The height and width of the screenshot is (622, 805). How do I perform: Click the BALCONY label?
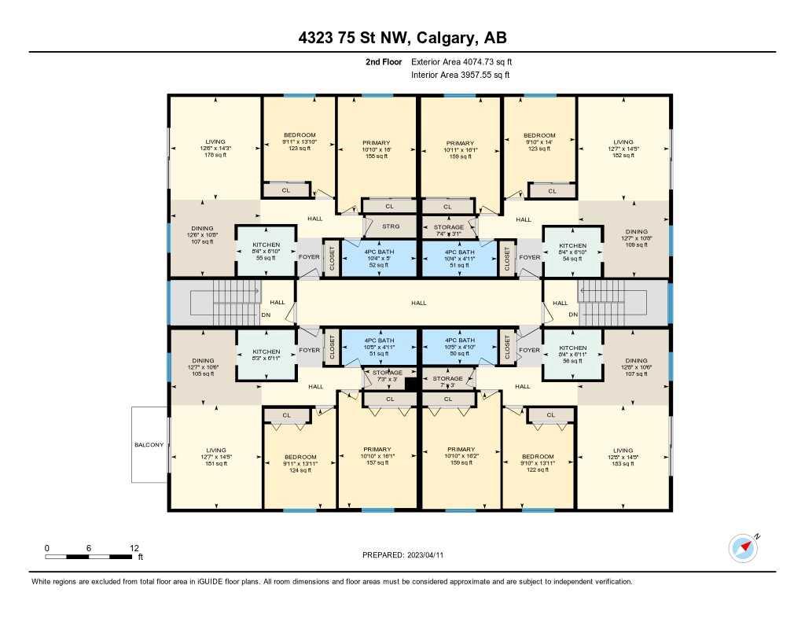pos(149,445)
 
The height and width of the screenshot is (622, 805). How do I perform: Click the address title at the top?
pos(402,38)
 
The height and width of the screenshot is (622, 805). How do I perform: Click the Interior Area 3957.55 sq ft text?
pos(461,75)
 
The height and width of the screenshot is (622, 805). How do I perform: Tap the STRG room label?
pos(391,226)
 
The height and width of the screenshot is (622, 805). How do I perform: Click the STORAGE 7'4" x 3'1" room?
pos(449,230)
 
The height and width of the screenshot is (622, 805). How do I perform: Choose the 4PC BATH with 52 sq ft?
pos(380,259)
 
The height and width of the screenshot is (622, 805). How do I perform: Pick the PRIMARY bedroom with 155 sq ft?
pos(376,149)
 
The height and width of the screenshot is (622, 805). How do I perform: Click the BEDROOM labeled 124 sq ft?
pos(300,464)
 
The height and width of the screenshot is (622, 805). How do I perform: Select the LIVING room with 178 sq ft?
pos(215,148)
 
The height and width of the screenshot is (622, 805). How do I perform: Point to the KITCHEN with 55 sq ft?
pos(266,252)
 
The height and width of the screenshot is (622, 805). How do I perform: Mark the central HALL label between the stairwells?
pos(419,302)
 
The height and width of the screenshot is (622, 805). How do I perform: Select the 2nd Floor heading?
pos(384,61)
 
